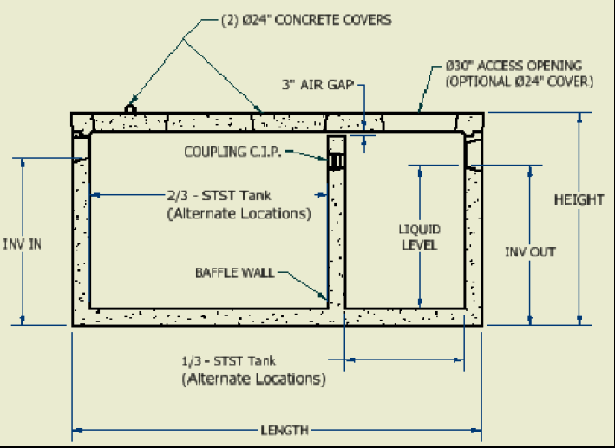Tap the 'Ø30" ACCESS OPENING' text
[513, 66]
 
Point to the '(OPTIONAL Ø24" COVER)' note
[518, 81]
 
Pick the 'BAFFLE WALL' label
[234, 273]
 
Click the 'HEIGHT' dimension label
[579, 200]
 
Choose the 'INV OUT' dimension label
[530, 252]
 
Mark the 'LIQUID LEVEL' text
[419, 237]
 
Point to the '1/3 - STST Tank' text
[230, 360]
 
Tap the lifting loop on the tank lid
[130, 108]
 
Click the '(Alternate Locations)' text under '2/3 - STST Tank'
[239, 212]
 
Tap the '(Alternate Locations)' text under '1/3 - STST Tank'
[253, 379]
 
